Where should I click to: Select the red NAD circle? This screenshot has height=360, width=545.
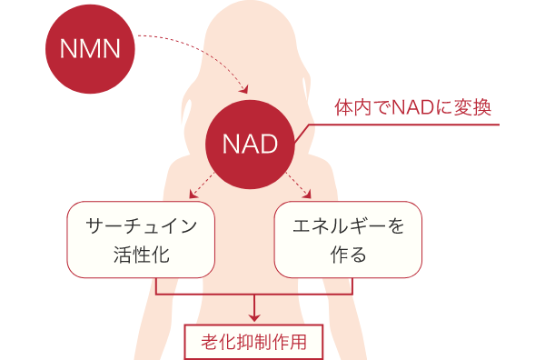point(251,144)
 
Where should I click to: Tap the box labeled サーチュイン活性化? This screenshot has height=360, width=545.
point(141,239)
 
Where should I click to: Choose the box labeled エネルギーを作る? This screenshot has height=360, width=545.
point(348,239)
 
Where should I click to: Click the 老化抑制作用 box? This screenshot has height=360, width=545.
point(255,343)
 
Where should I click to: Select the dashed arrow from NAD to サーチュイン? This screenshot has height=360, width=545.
point(202,188)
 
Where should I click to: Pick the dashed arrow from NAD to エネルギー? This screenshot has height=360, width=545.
point(301,188)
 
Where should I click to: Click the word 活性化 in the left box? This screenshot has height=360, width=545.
point(141,255)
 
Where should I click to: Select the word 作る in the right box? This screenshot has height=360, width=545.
point(348,255)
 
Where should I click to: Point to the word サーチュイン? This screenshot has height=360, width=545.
point(141,224)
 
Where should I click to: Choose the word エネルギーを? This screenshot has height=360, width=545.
point(348,224)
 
